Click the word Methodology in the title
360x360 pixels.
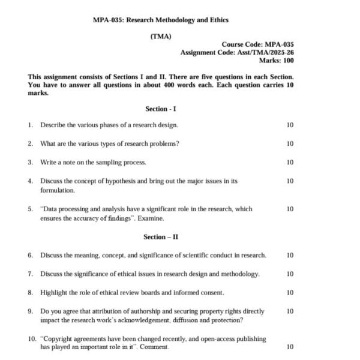point(178,20)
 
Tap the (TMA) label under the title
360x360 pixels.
point(161,37)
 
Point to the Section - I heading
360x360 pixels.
point(161,109)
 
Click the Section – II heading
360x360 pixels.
point(161,237)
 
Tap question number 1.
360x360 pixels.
point(29,125)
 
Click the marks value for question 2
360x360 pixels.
point(290,143)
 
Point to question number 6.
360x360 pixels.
point(29,255)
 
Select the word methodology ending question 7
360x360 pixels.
point(239,274)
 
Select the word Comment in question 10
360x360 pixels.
point(155,347)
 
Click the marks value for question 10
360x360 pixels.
point(290,347)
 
